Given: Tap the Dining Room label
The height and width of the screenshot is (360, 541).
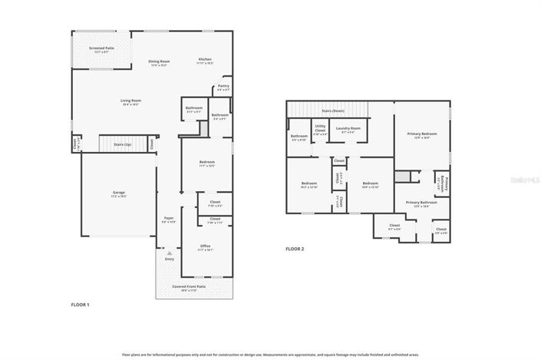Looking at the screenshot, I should click(x=159, y=63).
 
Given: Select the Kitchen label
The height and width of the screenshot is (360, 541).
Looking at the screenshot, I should click(x=205, y=61).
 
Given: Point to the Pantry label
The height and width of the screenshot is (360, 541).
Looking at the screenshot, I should click(x=223, y=88).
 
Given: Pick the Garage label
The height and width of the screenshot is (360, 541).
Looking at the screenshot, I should click(x=118, y=194).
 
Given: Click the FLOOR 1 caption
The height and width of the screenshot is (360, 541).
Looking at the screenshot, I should click(x=81, y=306).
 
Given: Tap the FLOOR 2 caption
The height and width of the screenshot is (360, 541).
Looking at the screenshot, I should click(x=295, y=249).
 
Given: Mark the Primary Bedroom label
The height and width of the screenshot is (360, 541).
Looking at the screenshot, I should click(x=422, y=135).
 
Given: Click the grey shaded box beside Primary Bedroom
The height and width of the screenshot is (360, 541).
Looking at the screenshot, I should click(x=399, y=177).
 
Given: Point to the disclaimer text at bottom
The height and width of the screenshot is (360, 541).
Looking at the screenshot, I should click(x=270, y=355).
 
